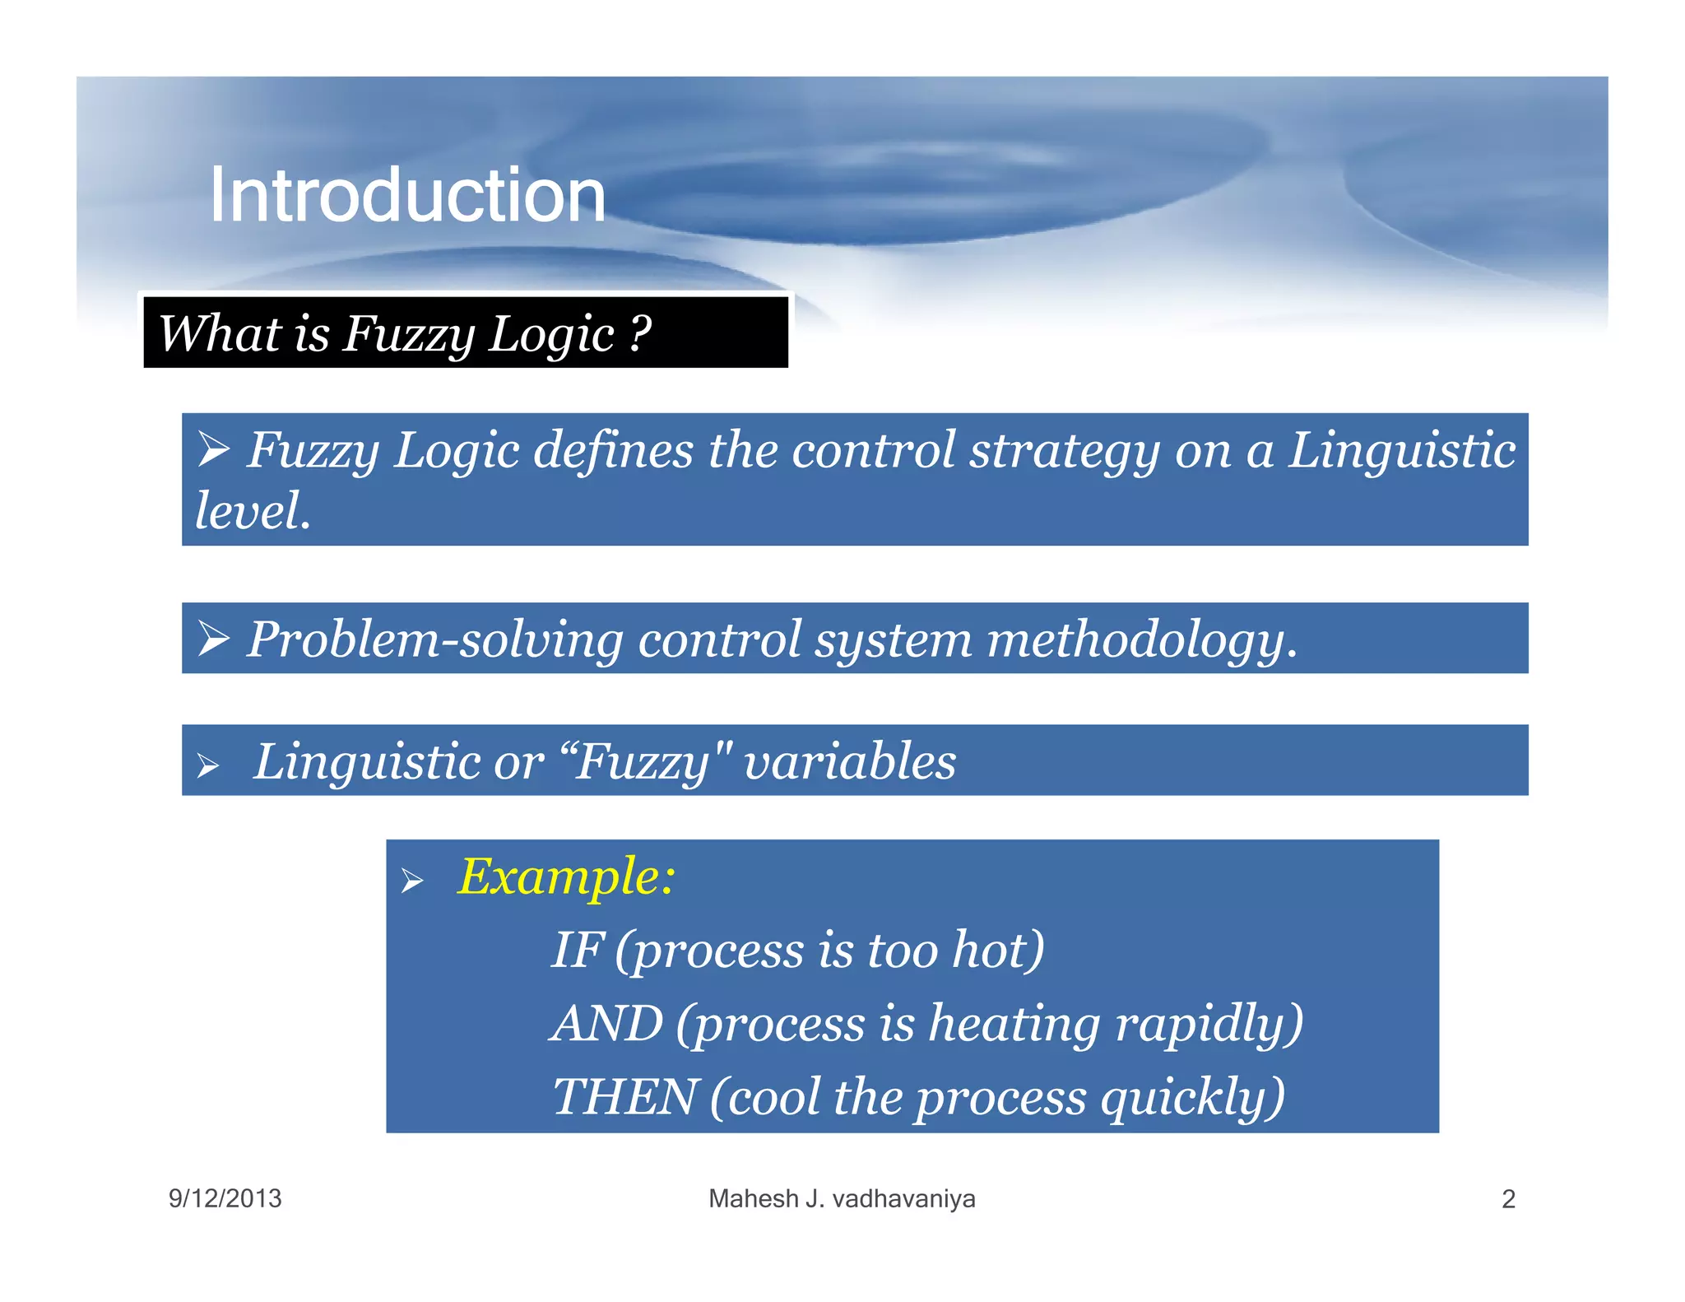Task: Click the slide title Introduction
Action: (407, 195)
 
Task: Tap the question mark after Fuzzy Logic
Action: (640, 333)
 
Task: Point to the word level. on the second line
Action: (253, 511)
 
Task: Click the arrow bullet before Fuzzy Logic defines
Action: (213, 450)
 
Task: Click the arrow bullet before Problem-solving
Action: (213, 639)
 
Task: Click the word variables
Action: (850, 761)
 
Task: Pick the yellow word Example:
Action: (566, 876)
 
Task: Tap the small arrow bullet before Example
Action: (412, 881)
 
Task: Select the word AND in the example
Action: (607, 1023)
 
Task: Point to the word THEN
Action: (624, 1096)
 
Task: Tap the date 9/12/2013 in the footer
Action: (225, 1198)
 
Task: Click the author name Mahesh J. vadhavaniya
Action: (842, 1198)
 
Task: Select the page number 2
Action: (1508, 1199)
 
